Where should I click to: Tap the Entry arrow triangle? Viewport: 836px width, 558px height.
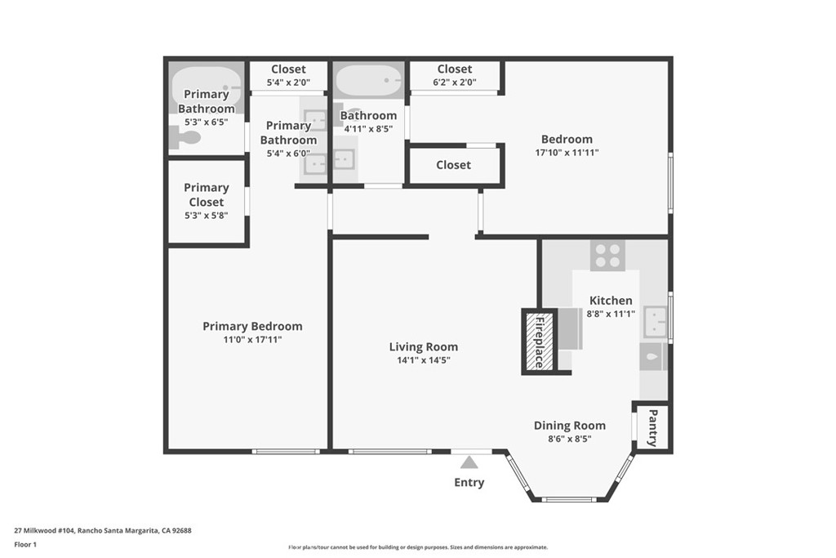click(x=469, y=462)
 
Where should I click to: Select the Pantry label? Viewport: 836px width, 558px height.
click(x=651, y=427)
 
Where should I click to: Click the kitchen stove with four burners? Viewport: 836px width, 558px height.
click(x=607, y=256)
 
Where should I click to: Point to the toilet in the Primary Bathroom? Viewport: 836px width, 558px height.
click(x=185, y=138)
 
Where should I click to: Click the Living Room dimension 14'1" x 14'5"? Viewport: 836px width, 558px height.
click(x=423, y=359)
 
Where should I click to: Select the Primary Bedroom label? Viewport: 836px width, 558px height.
click(x=252, y=326)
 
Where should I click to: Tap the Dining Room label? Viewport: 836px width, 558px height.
click(x=569, y=425)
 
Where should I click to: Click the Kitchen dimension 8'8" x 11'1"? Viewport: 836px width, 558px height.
click(x=611, y=314)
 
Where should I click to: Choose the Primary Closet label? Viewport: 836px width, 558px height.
click(x=206, y=194)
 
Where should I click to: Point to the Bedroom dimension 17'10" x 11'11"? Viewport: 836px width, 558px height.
click(x=567, y=152)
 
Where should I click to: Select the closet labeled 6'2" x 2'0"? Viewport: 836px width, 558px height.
click(x=455, y=76)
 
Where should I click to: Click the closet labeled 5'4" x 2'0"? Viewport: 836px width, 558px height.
click(x=288, y=76)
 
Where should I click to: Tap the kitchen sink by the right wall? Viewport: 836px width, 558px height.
click(x=656, y=322)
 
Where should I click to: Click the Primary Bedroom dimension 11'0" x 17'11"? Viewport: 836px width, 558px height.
click(x=252, y=339)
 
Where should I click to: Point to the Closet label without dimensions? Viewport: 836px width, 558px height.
click(x=453, y=165)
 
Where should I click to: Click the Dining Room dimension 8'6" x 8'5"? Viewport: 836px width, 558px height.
click(x=569, y=439)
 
